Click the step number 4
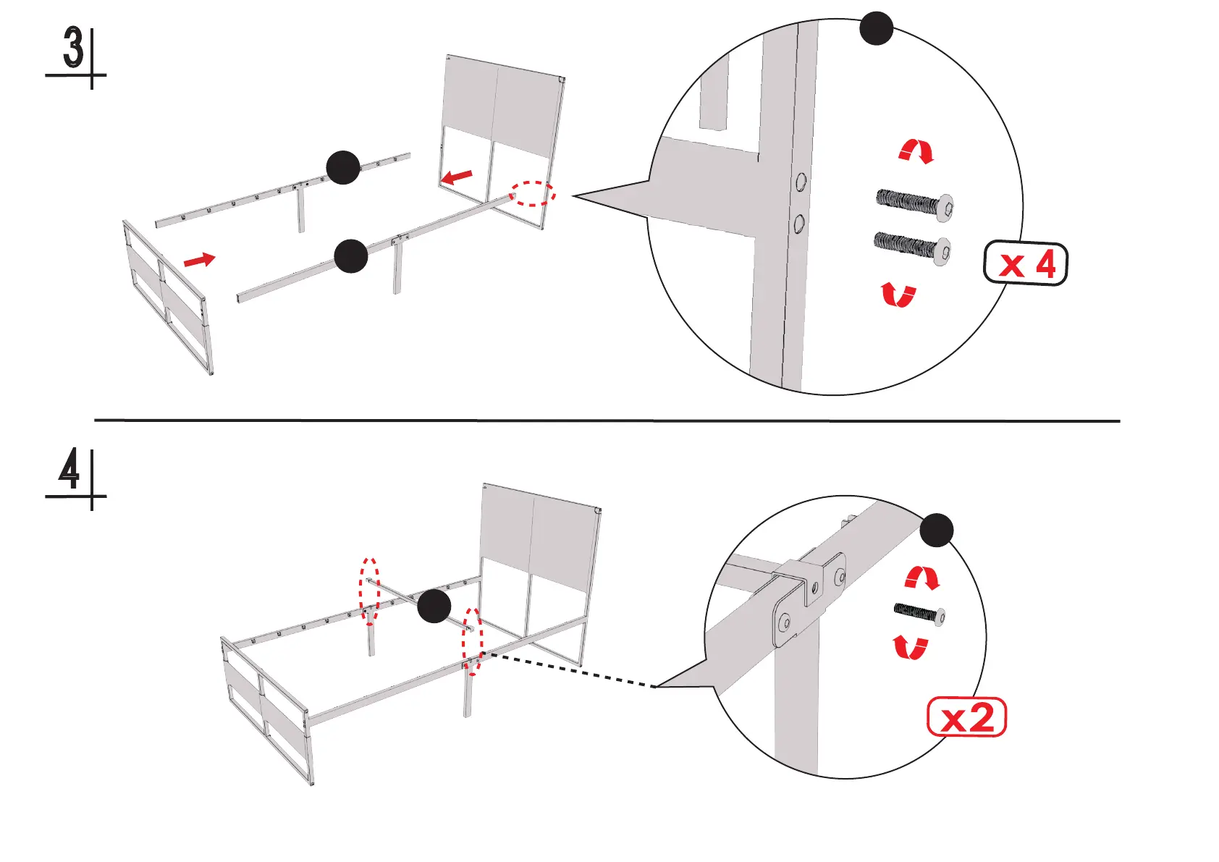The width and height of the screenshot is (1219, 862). [69, 470]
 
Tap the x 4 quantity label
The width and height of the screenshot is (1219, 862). [1025, 263]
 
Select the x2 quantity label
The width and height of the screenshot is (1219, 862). [966, 717]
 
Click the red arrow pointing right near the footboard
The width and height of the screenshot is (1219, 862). [199, 259]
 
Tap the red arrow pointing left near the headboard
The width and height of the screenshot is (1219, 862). [457, 177]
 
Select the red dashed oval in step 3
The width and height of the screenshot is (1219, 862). [533, 193]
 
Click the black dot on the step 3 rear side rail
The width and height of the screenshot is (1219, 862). [343, 168]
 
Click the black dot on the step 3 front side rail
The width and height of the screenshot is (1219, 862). [351, 256]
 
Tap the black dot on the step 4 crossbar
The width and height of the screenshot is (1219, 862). [434, 606]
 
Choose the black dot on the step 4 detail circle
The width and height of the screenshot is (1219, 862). [937, 530]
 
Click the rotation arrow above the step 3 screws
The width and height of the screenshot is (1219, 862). [916, 151]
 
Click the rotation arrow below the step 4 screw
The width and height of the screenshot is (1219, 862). [910, 646]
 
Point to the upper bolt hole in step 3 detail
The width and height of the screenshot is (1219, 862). [801, 181]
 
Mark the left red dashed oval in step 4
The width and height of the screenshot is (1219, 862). [370, 591]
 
